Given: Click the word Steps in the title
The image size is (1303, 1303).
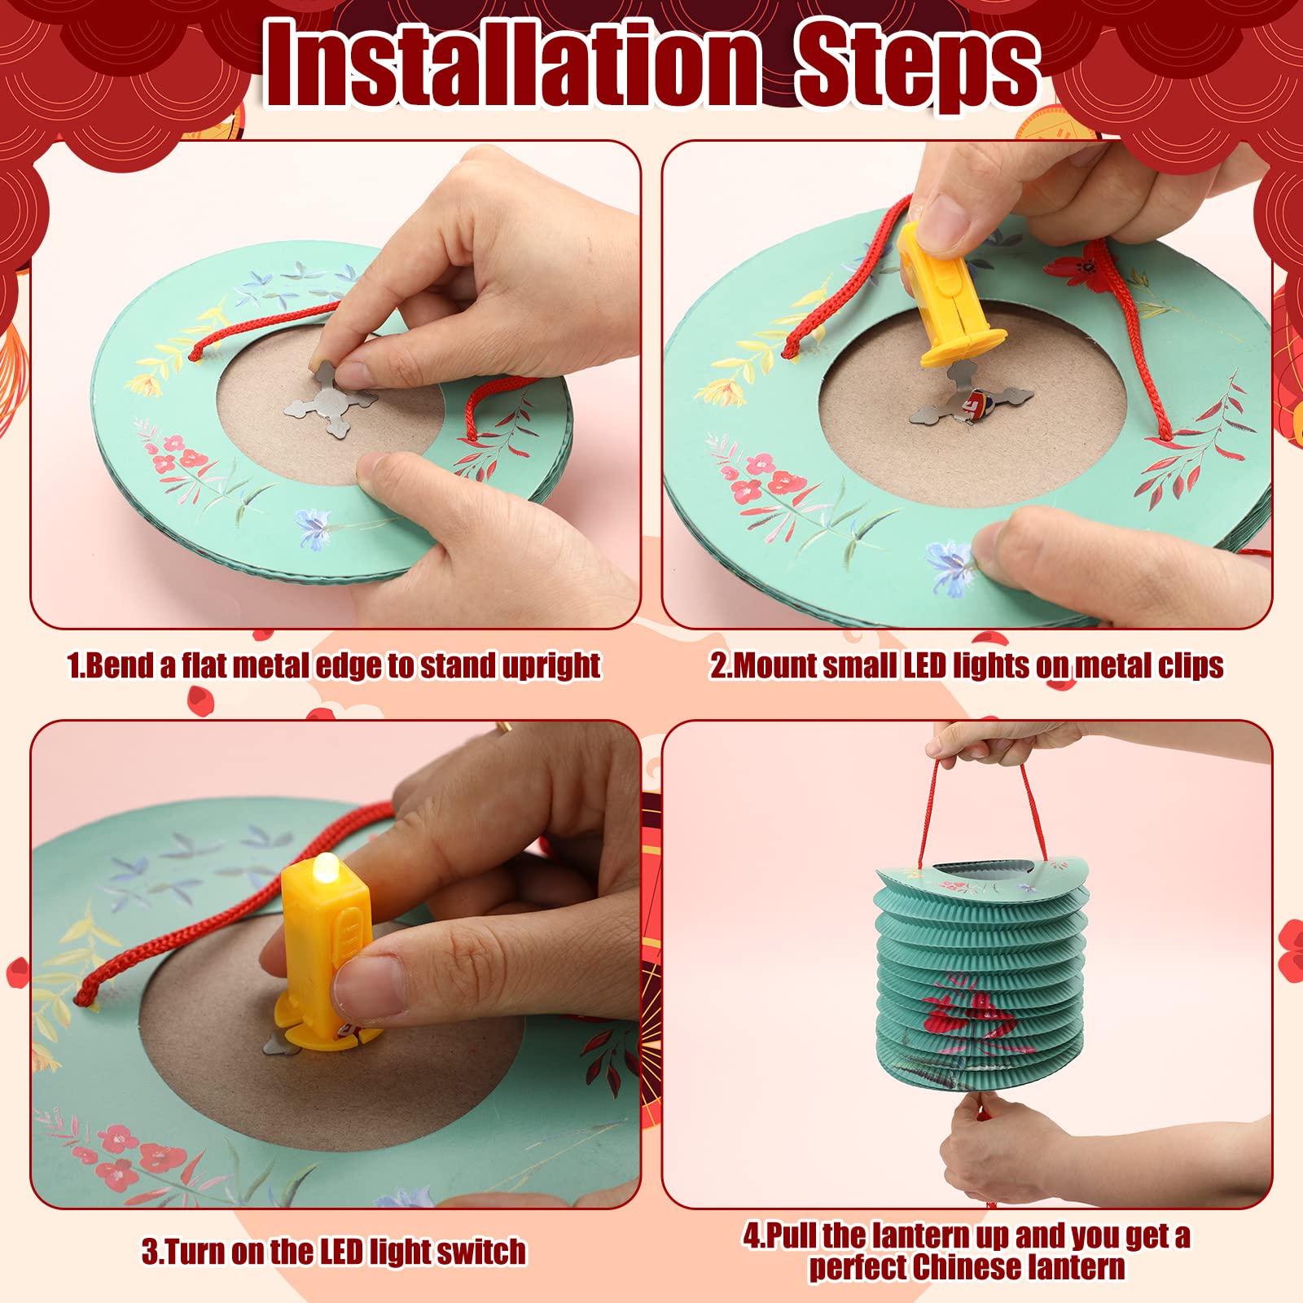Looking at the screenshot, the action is (x=918, y=65).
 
